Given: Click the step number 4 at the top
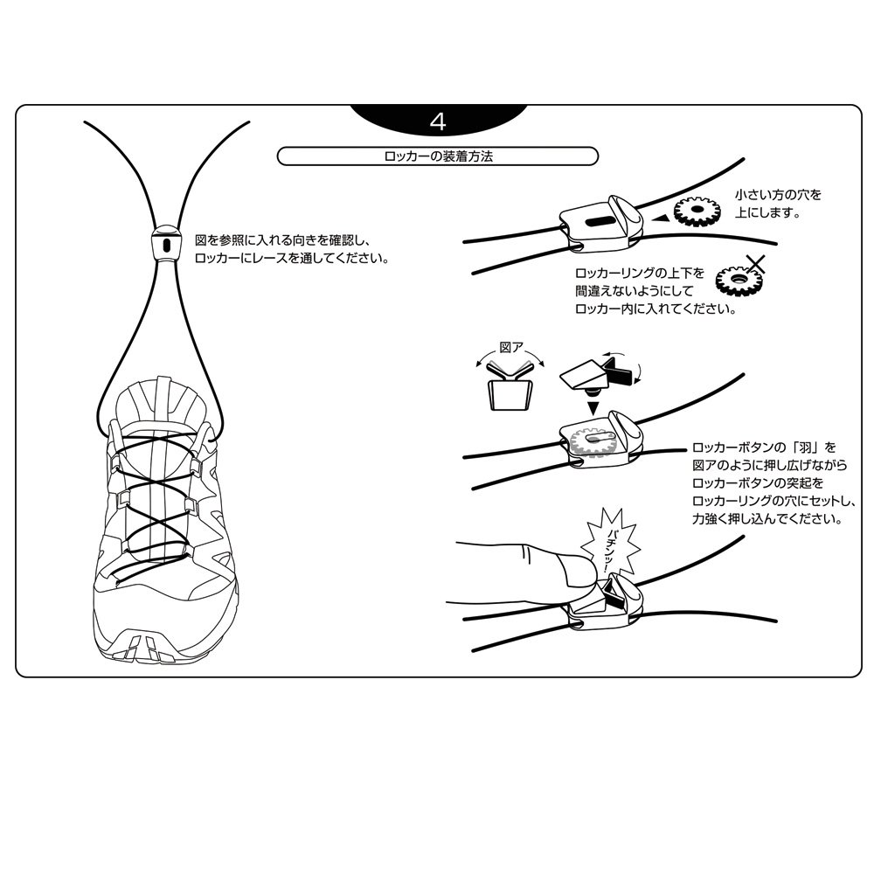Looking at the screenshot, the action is [438, 121].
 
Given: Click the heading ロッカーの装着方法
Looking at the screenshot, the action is [438, 156].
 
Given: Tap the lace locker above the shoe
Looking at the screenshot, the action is [166, 244].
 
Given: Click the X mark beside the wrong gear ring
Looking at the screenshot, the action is [755, 264].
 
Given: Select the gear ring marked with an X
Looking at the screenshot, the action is [737, 279].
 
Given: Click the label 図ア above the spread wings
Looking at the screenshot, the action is [511, 347].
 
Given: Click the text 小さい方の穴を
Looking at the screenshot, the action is [778, 195].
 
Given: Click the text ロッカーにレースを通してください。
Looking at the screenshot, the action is [292, 258].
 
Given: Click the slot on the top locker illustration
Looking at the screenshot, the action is [597, 222].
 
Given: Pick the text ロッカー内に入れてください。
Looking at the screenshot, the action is [655, 309].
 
